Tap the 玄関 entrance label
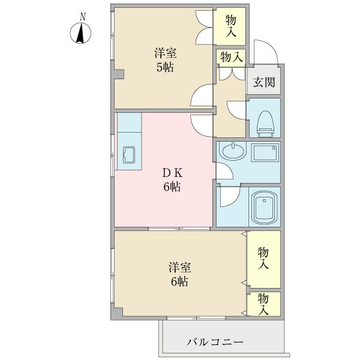(264, 82)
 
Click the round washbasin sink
(233, 152)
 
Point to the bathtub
(263, 207)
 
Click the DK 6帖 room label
(171, 179)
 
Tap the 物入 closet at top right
(231, 27)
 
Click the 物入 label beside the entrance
(231, 58)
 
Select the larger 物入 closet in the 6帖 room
(264, 258)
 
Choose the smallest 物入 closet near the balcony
(264, 303)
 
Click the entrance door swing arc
(264, 53)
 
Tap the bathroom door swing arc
(229, 196)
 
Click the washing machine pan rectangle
(264, 152)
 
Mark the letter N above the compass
(82, 16)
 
